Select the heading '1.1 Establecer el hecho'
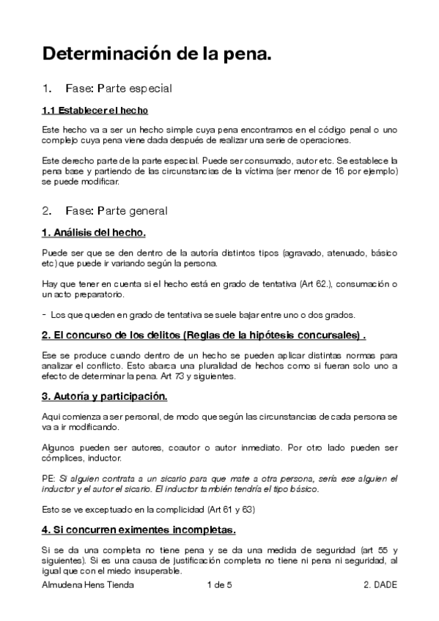[95, 111]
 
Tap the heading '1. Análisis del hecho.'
[94, 233]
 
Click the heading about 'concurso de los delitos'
[204, 335]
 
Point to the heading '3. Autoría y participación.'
[105, 397]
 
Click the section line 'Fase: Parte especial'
[118, 89]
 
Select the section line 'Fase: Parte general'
[117, 211]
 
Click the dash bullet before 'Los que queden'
[44, 315]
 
